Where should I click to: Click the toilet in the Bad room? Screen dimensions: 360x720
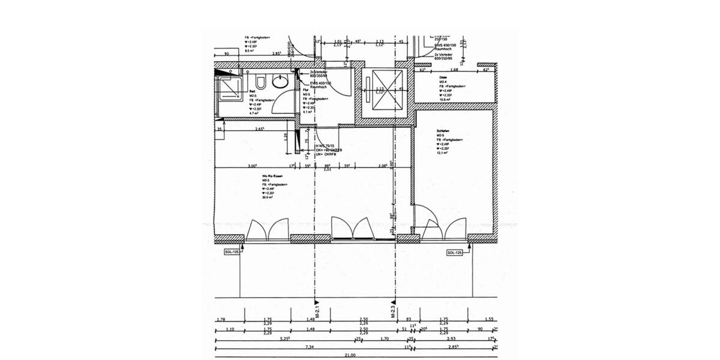[x=259, y=82]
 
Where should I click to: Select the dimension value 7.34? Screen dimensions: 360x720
[x=310, y=347]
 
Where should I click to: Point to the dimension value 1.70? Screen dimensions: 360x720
[x=385, y=339]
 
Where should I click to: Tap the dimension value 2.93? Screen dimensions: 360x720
[x=451, y=339]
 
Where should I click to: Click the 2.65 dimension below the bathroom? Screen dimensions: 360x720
[x=260, y=129]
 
